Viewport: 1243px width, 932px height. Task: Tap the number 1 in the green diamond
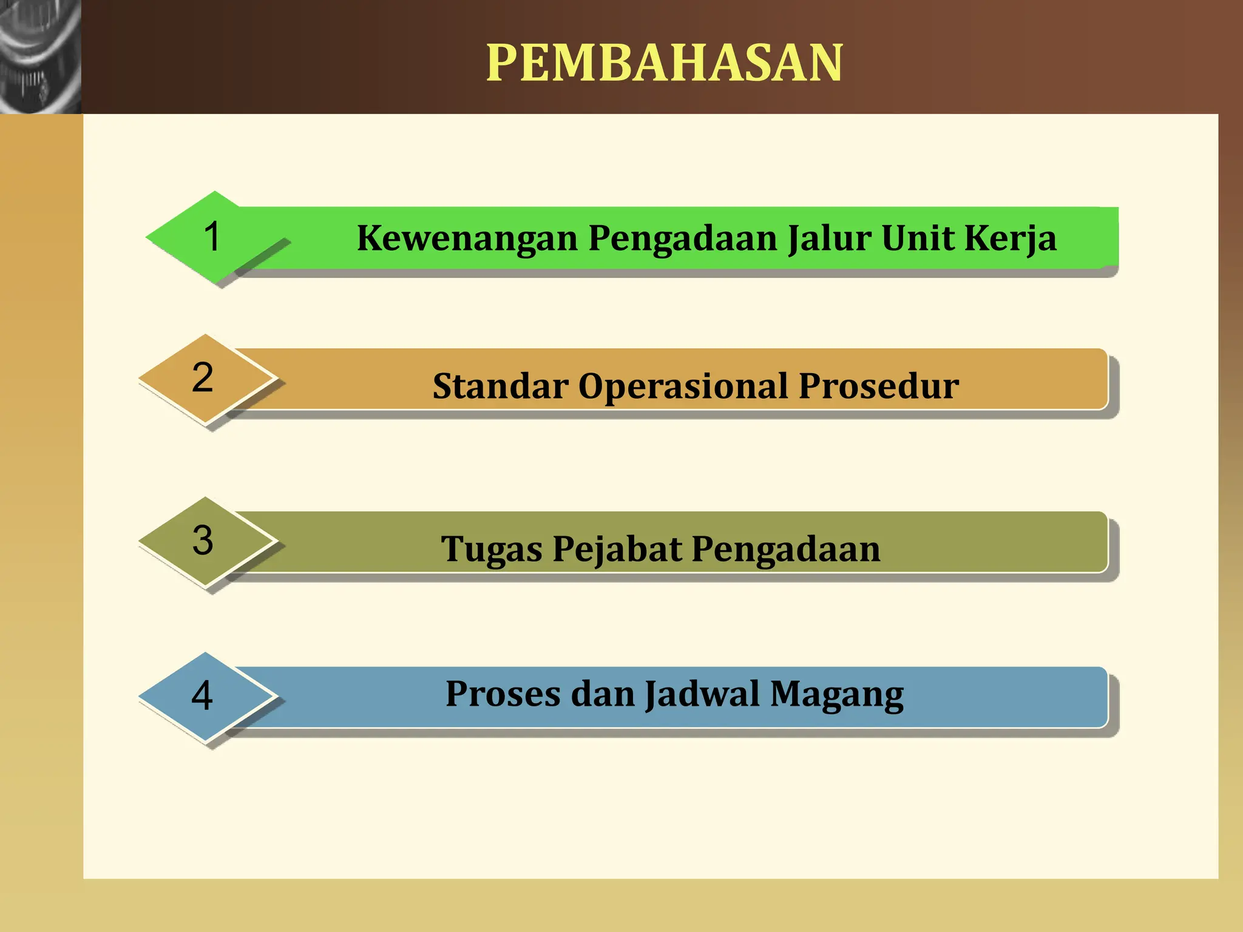(212, 236)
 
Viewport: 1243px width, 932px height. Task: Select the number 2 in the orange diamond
(203, 377)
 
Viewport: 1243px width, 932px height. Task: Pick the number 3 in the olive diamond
(203, 540)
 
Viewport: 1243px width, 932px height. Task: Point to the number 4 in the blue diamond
(202, 695)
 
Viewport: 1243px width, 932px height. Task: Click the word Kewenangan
(467, 238)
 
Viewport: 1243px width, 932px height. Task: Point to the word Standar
(500, 386)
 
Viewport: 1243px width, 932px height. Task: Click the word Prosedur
(878, 386)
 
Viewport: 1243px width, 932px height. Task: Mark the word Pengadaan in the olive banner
(785, 549)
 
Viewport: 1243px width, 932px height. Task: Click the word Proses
(503, 694)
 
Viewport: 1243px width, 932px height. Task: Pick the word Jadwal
(702, 694)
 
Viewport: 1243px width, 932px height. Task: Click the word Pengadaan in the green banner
(683, 238)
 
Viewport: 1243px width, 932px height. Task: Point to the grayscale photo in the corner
(40, 56)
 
